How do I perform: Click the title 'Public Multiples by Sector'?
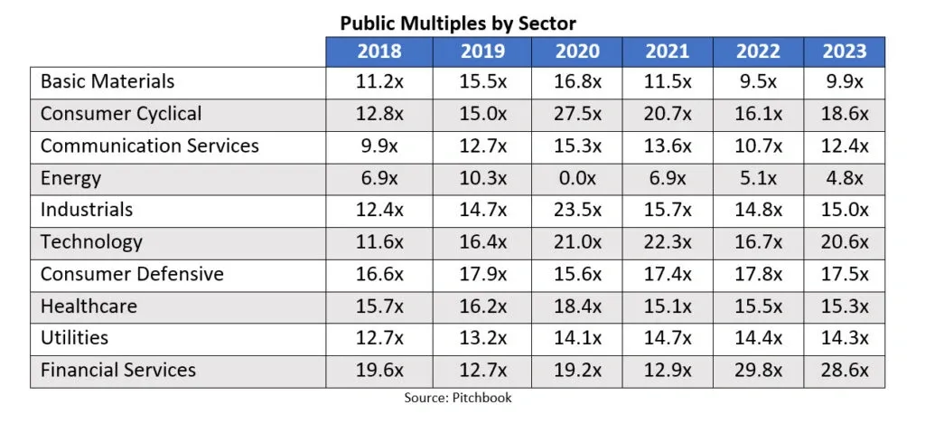(x=458, y=23)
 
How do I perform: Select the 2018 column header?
(x=379, y=52)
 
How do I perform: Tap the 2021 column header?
(x=667, y=52)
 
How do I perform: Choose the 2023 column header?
(x=844, y=52)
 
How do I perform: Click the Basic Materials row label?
(x=107, y=81)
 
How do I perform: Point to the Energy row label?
(x=70, y=178)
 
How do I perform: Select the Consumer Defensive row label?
(x=132, y=274)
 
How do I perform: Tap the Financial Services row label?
(x=118, y=370)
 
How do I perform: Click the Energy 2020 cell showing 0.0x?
(x=576, y=178)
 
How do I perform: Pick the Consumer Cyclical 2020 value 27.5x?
(x=576, y=114)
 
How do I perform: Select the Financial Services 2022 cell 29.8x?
(x=757, y=370)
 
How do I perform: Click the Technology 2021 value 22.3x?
(x=667, y=242)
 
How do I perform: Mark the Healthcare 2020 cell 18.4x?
(x=576, y=306)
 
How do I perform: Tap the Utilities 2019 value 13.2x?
(x=483, y=338)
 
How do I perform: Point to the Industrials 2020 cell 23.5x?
(x=576, y=210)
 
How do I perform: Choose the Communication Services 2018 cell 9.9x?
(x=379, y=146)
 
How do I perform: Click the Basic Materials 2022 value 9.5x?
(x=757, y=81)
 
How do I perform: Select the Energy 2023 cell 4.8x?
(x=844, y=178)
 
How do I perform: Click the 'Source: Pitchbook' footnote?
(x=457, y=398)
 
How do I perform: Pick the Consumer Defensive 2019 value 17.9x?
(x=483, y=274)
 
